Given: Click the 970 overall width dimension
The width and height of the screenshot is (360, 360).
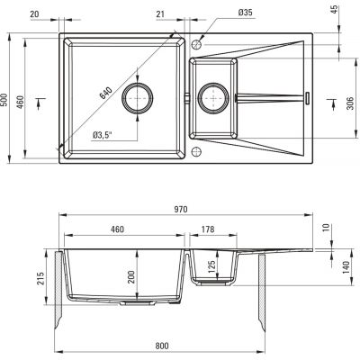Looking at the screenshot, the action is tap(181, 209).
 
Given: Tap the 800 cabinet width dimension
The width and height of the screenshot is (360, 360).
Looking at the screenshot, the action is tap(162, 346).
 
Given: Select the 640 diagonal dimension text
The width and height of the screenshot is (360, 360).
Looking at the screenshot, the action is tap(105, 93).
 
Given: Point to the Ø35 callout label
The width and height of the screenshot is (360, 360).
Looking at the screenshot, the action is tap(245, 13).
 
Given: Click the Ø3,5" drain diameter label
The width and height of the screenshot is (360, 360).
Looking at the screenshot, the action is tap(103, 135).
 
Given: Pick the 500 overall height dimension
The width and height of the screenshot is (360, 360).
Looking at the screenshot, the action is tap(4, 100).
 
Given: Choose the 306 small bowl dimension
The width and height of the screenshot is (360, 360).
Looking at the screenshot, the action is tap(351, 103).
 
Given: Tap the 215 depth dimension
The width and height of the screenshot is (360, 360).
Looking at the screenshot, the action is tap(40, 278).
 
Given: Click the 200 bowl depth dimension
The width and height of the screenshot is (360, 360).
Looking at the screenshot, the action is tap(131, 277).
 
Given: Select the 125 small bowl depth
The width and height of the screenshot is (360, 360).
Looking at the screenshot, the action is tap(211, 267).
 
